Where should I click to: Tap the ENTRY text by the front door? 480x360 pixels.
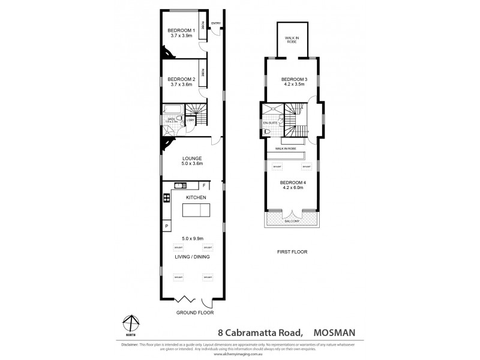pyautogui.click(x=216, y=23)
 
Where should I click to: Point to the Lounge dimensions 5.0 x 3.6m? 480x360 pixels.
pyautogui.click(x=192, y=163)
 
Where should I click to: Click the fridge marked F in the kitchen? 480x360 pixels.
pyautogui.click(x=205, y=185)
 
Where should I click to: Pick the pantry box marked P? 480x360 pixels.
pyautogui.click(x=166, y=226)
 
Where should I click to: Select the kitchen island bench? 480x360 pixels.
pyautogui.click(x=196, y=211)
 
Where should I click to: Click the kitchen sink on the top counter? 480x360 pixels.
pyautogui.click(x=179, y=185)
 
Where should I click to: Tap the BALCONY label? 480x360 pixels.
pyautogui.click(x=290, y=221)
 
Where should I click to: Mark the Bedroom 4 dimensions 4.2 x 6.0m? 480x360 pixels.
pyautogui.click(x=290, y=187)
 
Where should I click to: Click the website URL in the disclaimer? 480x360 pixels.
pyautogui.click(x=239, y=355)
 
